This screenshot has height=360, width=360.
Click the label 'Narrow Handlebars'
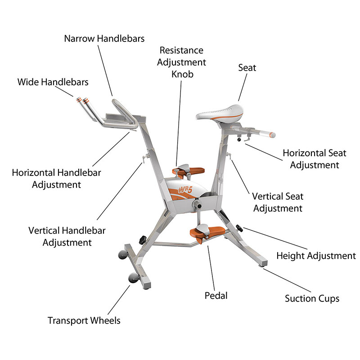coord(104,38)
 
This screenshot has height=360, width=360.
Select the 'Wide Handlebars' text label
coord(53,82)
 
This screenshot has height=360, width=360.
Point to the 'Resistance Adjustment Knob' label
coord(181,62)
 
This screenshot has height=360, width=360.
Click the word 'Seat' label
coord(247,68)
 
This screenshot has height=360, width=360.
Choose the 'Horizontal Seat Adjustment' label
coord(314,159)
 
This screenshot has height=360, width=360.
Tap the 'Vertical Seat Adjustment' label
coord(277,202)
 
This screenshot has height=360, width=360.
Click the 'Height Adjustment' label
coord(316,256)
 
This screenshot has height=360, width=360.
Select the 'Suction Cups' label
coord(312,298)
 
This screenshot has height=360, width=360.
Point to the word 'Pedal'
coord(216,296)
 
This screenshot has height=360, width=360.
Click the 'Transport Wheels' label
coord(84,320)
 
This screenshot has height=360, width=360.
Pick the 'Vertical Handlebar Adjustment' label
coord(67,236)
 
